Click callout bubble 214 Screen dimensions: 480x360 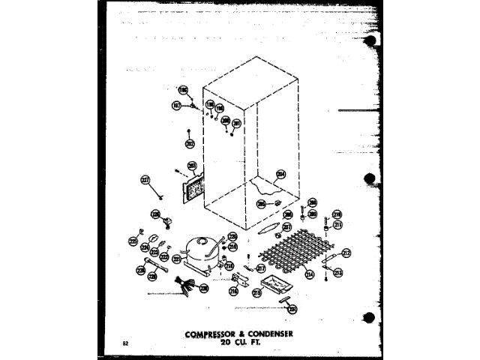(309, 275)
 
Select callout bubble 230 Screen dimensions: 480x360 (203, 288)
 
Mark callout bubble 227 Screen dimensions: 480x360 (145, 180)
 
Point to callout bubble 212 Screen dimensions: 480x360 (346, 253)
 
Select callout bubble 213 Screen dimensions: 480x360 (338, 273)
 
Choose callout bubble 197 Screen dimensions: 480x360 (177, 106)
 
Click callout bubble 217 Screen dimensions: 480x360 (261, 268)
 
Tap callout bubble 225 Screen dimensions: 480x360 (133, 242)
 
